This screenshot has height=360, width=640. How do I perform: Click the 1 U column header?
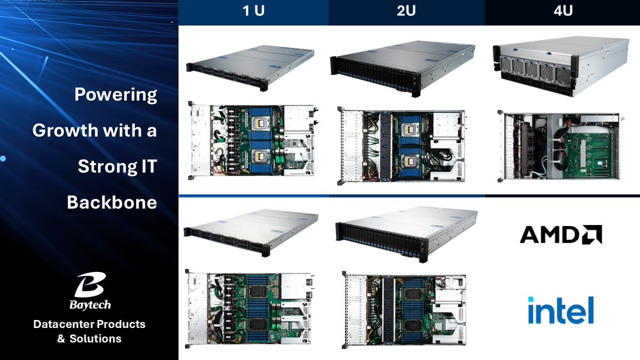253,11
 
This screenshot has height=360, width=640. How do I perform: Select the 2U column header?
406,11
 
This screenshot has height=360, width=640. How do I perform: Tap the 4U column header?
563,11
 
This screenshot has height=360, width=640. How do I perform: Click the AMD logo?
561,234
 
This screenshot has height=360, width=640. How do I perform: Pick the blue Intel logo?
561,310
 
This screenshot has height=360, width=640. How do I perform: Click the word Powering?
116,94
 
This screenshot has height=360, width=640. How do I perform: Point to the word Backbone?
112,202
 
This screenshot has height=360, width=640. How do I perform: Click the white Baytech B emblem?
90,285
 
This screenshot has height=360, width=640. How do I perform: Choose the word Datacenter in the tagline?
63,324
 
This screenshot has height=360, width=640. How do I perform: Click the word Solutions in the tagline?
95,339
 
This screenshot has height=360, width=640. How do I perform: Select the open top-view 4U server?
561,146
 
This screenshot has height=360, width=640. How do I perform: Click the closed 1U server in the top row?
250,68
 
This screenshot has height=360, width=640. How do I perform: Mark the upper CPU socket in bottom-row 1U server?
258,291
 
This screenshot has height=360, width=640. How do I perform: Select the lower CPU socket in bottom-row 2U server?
412,326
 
